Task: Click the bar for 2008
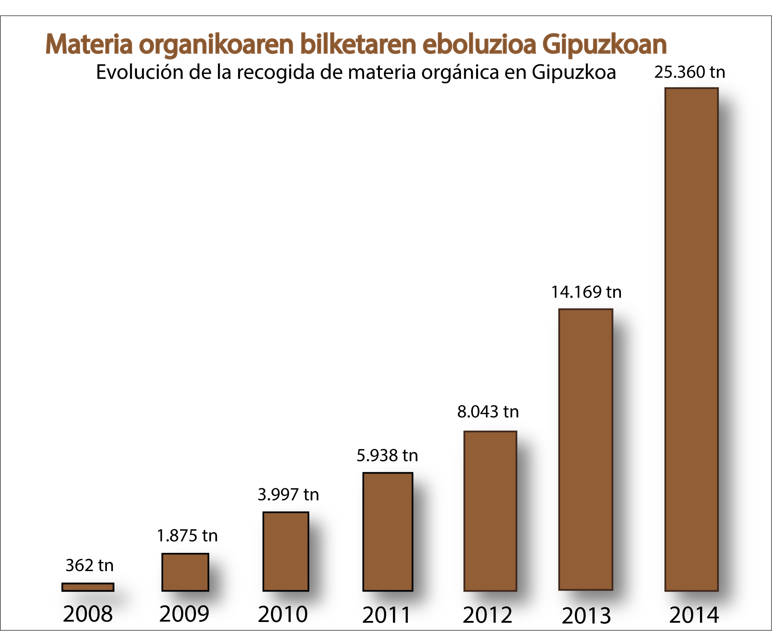pyautogui.click(x=88, y=587)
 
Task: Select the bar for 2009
pyautogui.click(x=185, y=572)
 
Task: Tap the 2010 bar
pyautogui.click(x=286, y=551)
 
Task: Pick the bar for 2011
pyautogui.click(x=388, y=532)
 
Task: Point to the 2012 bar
pyautogui.click(x=490, y=511)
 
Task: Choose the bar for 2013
pyautogui.click(x=586, y=450)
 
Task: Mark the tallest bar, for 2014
pyautogui.click(x=691, y=339)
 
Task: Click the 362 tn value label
pyautogui.click(x=89, y=565)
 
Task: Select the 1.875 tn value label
pyautogui.click(x=187, y=535)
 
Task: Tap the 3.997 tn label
pyautogui.click(x=288, y=494)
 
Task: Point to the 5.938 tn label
pyautogui.click(x=387, y=455)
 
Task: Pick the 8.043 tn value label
pyautogui.click(x=488, y=411)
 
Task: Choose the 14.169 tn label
pyautogui.click(x=586, y=292)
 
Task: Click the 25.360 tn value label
pyautogui.click(x=690, y=72)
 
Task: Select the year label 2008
pyautogui.click(x=88, y=614)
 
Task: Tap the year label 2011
pyautogui.click(x=386, y=615)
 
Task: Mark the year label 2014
pyautogui.click(x=694, y=615)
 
